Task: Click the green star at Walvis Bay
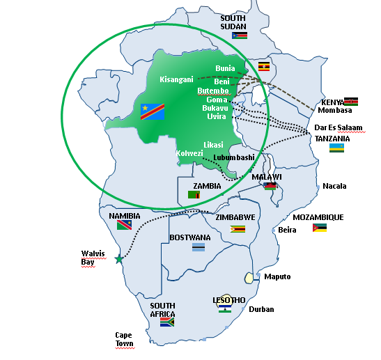click(118, 259)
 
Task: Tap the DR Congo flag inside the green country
click(153, 111)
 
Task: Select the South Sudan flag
click(240, 35)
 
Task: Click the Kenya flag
click(351, 101)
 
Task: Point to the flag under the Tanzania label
click(336, 148)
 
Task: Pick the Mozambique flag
click(320, 228)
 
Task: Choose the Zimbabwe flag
click(238, 228)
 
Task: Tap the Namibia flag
click(125, 226)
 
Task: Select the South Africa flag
click(166, 322)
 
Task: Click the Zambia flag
click(195, 195)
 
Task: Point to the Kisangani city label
click(176, 79)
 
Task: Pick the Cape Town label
click(124, 339)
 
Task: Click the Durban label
click(261, 309)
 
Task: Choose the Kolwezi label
click(189, 152)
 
